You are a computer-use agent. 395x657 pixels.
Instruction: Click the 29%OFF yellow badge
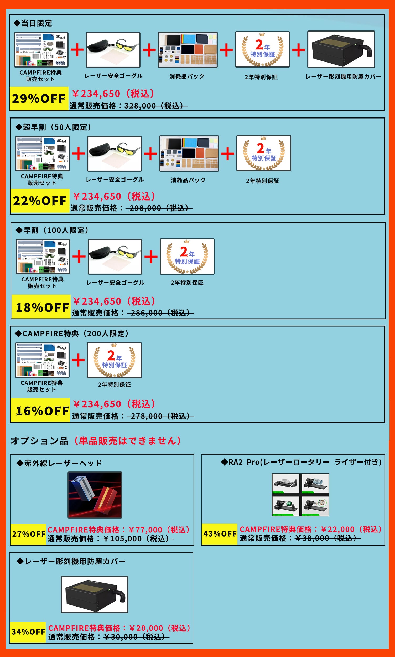point(39,99)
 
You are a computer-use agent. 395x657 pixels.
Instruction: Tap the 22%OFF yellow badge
point(40,201)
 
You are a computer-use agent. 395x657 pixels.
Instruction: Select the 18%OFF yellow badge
point(41,307)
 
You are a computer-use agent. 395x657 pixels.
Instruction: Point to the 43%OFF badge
point(220,534)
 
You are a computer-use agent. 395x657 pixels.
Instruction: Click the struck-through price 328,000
point(140,106)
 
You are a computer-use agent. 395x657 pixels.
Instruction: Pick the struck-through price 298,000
point(145,208)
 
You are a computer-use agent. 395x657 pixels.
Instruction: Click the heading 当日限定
point(33,23)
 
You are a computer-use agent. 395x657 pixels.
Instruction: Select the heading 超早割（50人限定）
point(53,127)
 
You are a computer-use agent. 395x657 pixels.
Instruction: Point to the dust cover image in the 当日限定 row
point(341,49)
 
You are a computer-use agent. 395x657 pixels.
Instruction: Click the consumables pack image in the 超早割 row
point(189,153)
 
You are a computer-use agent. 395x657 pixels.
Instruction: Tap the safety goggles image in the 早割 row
point(115,256)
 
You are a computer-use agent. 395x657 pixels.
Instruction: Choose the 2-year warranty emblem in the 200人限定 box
point(115,360)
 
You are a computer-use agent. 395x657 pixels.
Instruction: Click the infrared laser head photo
point(95,495)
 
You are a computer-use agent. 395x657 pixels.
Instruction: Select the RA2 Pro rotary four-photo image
point(300,495)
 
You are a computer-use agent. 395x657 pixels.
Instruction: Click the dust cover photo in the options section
point(95,594)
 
